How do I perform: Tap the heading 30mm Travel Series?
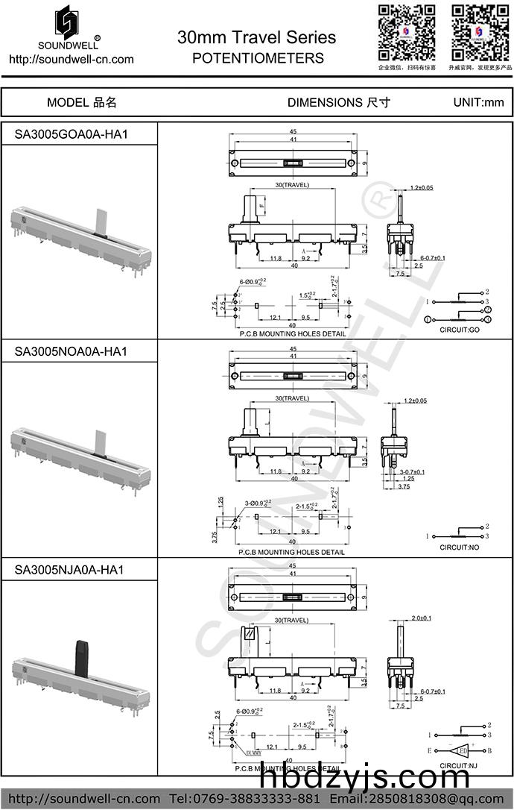[257, 37]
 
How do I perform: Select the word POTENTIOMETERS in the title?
[258, 58]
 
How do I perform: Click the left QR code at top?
[407, 31]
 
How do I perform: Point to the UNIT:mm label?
[478, 102]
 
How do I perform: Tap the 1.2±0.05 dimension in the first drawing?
[422, 188]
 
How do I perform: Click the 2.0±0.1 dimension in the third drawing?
[422, 618]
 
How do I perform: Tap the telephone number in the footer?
[257, 799]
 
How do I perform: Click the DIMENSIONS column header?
[338, 102]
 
